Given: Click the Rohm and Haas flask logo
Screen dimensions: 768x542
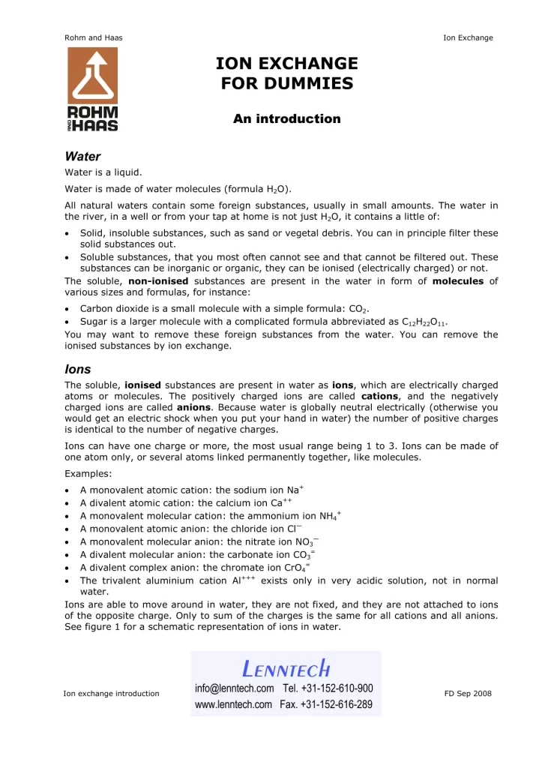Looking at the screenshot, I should [92, 89].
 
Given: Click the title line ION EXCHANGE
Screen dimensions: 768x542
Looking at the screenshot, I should [286, 64].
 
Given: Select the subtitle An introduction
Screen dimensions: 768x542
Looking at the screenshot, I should [286, 118].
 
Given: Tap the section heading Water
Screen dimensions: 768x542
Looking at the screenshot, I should [82, 157].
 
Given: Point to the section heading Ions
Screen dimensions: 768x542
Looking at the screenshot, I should [77, 369].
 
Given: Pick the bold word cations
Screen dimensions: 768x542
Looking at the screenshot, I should [385, 396].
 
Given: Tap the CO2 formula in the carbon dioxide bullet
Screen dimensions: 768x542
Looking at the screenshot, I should [360, 308].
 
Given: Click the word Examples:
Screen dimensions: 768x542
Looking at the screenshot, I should [87, 475].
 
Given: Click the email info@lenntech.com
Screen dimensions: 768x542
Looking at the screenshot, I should [235, 688].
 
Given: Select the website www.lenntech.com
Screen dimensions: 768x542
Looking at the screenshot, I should [233, 704].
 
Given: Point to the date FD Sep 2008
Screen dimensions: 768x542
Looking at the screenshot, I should [468, 693].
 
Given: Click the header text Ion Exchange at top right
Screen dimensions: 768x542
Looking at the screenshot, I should [468, 37].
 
